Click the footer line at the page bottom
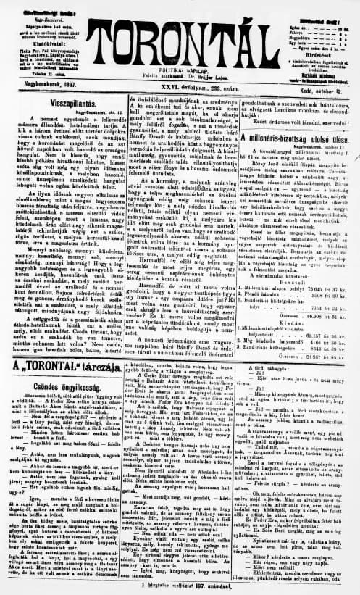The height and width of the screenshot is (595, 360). (180, 587)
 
